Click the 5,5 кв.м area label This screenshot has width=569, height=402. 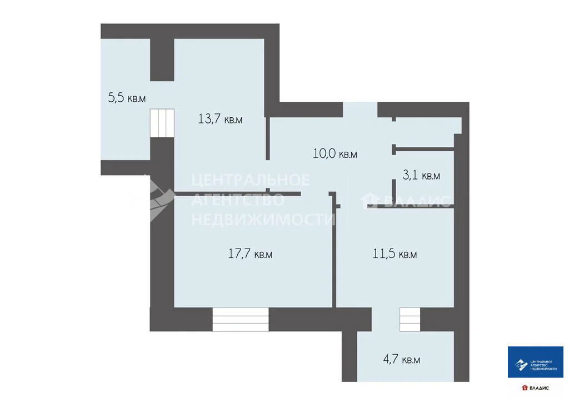tap(127, 97)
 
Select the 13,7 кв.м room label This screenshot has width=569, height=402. tap(220, 119)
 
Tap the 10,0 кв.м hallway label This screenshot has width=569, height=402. tap(335, 153)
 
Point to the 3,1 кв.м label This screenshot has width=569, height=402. tap(421, 175)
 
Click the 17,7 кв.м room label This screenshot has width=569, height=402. tap(250, 253)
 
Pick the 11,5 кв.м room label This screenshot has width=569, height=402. tap(395, 253)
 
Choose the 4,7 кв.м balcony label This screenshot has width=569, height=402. tap(402, 359)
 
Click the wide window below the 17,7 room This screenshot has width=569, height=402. tap(241, 319)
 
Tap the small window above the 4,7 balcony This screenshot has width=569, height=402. tap(410, 319)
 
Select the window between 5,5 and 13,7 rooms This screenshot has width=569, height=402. tap(162, 123)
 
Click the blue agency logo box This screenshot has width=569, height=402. tap(535, 362)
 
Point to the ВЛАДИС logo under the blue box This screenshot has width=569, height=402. tap(535, 388)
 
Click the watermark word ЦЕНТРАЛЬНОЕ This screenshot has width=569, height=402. tap(251, 180)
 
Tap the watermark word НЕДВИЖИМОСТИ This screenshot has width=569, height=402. tap(263, 219)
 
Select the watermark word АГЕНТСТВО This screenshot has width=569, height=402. tap(238, 200)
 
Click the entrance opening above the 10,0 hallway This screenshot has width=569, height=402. tap(360, 110)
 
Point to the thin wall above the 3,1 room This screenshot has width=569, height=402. tap(423, 148)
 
